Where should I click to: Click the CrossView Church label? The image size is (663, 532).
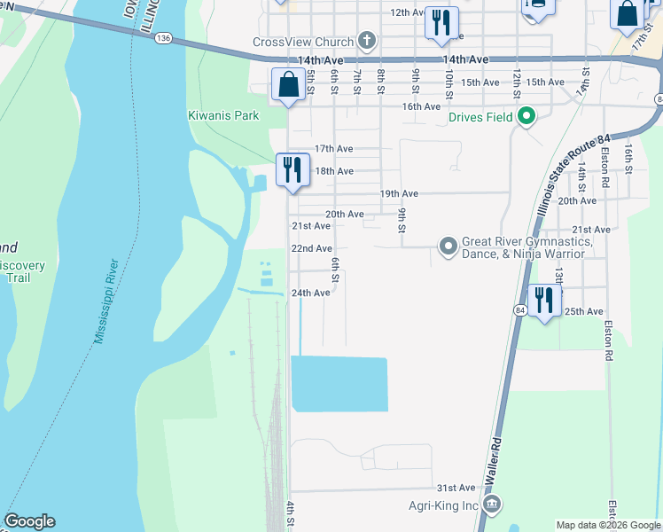[303, 42]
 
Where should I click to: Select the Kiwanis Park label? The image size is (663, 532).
[223, 115]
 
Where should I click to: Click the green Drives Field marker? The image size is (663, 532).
[526, 116]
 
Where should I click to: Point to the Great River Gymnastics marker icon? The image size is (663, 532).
[448, 246]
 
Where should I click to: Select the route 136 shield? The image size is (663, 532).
[162, 39]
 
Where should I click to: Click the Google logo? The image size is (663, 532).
[28, 521]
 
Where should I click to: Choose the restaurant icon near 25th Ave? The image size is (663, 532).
[542, 299]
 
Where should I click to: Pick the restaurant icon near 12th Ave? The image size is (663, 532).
[441, 23]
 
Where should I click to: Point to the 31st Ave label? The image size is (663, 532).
[456, 489]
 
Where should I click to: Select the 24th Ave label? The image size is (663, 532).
[311, 293]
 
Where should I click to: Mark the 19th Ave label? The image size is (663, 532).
[399, 193]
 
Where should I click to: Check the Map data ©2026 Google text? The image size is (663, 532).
[608, 525]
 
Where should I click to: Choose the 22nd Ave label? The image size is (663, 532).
[312, 249]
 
